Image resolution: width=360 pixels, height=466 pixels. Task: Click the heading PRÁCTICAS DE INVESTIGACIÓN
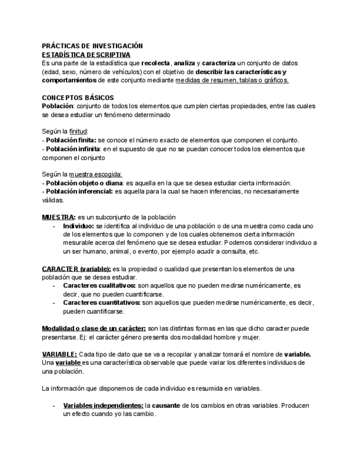click(x=92, y=46)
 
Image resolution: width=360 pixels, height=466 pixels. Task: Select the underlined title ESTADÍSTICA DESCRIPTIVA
click(x=86, y=55)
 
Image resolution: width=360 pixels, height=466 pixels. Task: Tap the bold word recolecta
click(x=156, y=63)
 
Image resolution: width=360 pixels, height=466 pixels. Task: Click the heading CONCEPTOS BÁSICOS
click(x=77, y=97)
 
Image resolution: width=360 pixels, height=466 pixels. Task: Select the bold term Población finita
click(x=68, y=140)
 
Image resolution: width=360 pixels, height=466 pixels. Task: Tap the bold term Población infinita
click(x=70, y=148)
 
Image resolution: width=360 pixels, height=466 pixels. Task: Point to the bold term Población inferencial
click(x=79, y=191)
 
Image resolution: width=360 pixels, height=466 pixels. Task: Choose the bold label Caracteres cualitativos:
click(x=99, y=286)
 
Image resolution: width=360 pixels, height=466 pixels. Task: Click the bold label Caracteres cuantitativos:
click(x=102, y=303)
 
